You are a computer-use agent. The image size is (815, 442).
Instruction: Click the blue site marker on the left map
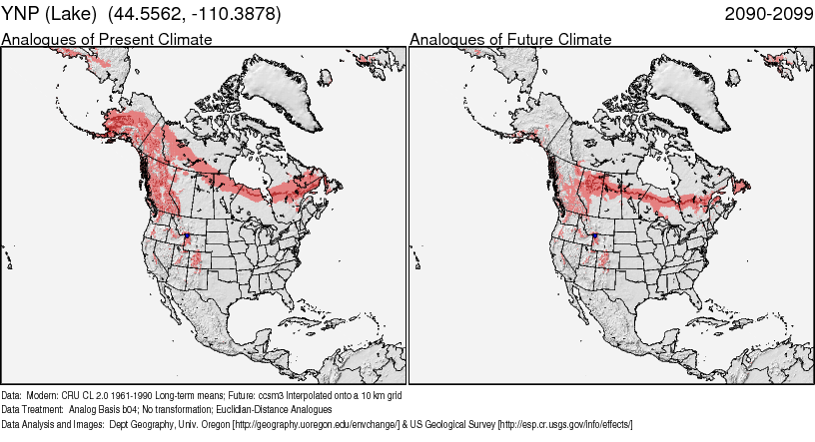point(187,235)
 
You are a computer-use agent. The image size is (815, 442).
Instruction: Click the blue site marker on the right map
point(595,235)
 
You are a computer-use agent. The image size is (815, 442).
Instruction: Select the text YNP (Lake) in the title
point(48,14)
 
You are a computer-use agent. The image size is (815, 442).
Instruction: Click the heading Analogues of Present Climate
point(107,40)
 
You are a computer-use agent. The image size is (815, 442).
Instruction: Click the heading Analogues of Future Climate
point(510,40)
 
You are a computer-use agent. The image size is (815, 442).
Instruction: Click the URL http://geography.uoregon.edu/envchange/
point(316,424)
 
